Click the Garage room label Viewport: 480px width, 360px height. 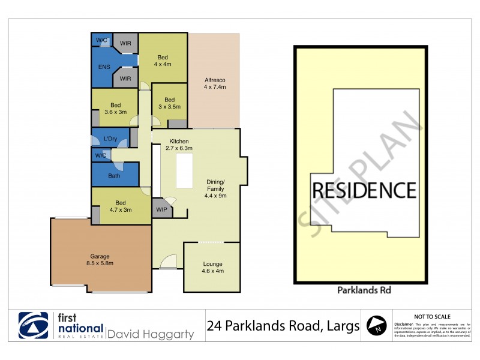pos(100,259)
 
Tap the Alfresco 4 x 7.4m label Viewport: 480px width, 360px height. pos(215,83)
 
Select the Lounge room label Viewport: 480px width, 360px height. pos(212,267)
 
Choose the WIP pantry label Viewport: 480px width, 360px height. pos(161,209)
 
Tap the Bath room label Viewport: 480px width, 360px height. pos(114,176)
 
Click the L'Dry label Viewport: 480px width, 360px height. pos(110,139)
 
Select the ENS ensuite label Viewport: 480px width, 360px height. pos(104,67)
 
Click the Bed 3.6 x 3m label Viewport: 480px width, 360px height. pos(115,109)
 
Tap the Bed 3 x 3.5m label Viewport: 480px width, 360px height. pos(169,103)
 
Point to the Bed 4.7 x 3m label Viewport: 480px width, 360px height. pos(121,206)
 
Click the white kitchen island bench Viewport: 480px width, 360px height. pos(184,170)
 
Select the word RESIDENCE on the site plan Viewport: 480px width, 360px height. pos(364,190)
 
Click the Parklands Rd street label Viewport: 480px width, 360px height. pos(361,290)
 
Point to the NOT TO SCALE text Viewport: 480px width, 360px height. pos(433,316)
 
